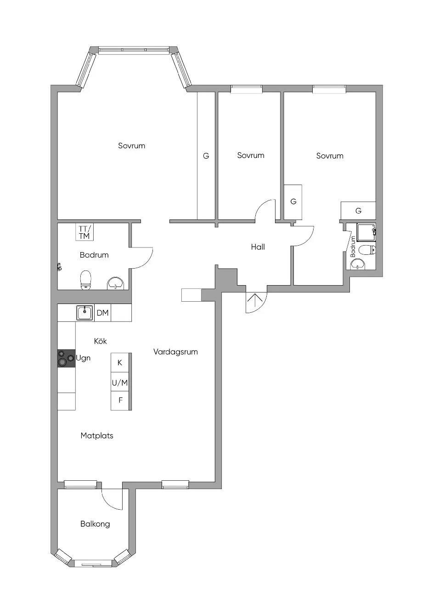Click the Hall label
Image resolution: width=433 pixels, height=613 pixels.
click(258, 247)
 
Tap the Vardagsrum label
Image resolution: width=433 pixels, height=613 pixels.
click(175, 352)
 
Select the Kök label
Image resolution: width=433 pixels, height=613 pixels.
click(100, 341)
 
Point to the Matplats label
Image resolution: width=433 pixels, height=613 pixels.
click(97, 436)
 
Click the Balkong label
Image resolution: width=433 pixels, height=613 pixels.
click(95, 524)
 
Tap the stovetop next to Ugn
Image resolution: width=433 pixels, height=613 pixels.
click(66, 358)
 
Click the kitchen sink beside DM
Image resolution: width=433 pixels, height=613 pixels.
click(85, 313)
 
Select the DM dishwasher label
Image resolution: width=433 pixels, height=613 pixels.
click(103, 313)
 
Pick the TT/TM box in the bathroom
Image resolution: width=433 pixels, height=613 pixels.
click(84, 232)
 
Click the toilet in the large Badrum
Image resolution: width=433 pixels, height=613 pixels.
click(86, 280)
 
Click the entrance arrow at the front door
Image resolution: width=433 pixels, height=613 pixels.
click(255, 300)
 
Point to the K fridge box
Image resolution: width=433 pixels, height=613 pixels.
click(119, 363)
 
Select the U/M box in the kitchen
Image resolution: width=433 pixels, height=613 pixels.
click(119, 382)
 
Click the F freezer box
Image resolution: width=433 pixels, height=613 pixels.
click(119, 401)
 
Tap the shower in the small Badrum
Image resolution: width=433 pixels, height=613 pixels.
click(366, 232)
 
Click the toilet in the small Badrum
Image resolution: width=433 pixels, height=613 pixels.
click(367, 250)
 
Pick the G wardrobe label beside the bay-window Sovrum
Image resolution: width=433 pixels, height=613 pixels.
click(206, 156)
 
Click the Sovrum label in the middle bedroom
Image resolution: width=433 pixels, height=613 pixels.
click(251, 156)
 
